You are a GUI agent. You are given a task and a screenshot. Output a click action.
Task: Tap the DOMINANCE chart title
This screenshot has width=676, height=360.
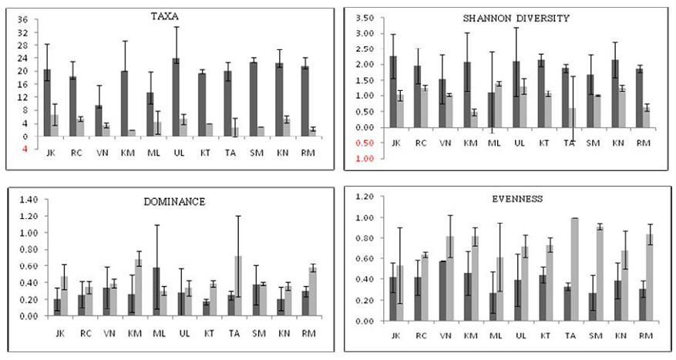coord(167,201)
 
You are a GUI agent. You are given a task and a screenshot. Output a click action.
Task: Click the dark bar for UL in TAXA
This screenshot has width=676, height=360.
coord(177,97)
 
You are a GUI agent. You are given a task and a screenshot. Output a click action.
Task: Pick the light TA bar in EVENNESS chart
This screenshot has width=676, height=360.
coord(573,269)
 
